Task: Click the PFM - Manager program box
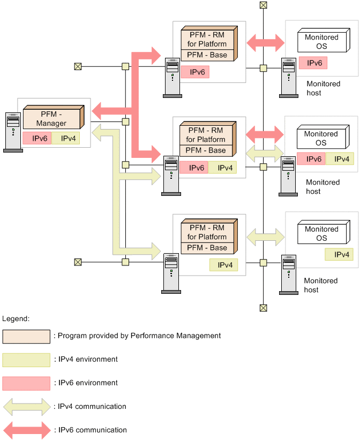51,118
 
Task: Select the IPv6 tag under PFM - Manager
36,139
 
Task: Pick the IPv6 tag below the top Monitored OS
313,63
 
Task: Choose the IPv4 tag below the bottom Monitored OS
339,254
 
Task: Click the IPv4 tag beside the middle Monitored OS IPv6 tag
339,159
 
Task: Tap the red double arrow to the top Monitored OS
265,42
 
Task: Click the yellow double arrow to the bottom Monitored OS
265,234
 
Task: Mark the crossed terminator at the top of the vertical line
263,5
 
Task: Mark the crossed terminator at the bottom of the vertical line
263,307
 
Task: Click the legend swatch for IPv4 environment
26,360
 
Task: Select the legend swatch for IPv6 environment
26,383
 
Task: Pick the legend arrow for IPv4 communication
26,407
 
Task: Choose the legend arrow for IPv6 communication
26,430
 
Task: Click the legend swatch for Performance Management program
26,336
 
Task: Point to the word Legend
16,318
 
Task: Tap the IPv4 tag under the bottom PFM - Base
224,264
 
